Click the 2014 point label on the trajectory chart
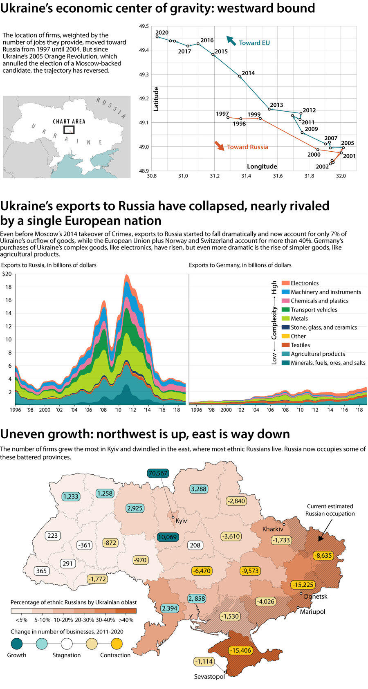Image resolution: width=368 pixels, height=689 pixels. click(248, 73)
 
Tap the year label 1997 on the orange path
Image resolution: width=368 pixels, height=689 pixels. click(222, 114)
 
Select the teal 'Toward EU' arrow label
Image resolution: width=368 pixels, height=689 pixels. click(254, 43)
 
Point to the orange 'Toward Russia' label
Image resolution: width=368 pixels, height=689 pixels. click(247, 147)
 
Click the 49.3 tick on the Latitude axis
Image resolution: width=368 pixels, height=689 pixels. click(144, 75)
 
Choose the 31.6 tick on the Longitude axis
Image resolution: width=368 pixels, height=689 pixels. click(278, 176)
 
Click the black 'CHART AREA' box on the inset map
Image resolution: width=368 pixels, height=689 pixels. click(69, 130)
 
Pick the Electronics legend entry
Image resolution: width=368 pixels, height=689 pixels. click(304, 283)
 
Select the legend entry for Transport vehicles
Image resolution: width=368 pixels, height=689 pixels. click(314, 310)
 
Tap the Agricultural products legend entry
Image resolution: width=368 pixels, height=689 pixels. click(317, 354)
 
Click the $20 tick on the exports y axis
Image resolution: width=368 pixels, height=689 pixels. click(7, 274)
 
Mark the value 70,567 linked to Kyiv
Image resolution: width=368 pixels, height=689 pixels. click(158, 473)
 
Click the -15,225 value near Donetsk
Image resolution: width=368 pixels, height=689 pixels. click(303, 585)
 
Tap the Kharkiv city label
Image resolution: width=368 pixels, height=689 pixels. click(273, 529)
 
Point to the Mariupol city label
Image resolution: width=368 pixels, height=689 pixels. click(312, 612)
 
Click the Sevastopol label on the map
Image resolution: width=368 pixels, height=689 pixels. click(209, 677)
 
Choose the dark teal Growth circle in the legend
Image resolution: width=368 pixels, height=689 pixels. click(17, 644)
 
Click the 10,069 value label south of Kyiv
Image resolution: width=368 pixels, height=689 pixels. click(167, 537)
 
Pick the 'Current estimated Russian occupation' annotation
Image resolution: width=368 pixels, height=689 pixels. click(330, 510)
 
